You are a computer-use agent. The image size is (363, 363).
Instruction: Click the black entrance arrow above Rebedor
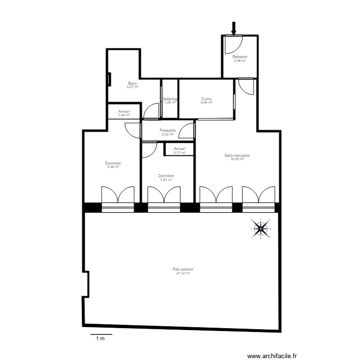point(234,29)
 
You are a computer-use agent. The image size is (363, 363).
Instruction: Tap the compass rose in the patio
point(261,228)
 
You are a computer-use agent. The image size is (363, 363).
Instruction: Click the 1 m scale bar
point(101,334)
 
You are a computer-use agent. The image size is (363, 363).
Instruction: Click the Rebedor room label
point(240,57)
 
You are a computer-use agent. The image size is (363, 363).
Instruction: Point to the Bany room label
point(132,83)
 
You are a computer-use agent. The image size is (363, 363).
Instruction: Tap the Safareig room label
point(170,99)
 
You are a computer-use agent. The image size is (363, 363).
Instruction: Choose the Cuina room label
point(207,99)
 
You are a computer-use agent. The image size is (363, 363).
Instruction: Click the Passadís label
point(167,130)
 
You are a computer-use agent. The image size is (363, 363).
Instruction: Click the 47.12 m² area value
point(183,273)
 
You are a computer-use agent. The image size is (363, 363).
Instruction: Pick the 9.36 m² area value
point(113,167)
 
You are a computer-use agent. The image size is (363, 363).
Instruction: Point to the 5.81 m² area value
point(166,180)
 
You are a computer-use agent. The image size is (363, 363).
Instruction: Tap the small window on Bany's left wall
point(109,78)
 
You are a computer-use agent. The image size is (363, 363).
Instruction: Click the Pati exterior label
point(183,269)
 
